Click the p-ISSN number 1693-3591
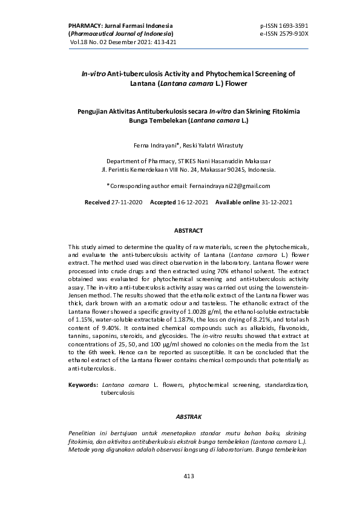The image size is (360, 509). pyautogui.click(x=293, y=27)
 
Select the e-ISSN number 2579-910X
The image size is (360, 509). pyautogui.click(x=293, y=34)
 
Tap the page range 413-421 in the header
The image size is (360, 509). pyautogui.click(x=162, y=42)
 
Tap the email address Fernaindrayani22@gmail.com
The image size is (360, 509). pyautogui.click(x=221, y=186)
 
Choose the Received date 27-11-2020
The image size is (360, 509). pyautogui.click(x=127, y=201)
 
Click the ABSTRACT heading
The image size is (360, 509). pyautogui.click(x=188, y=230)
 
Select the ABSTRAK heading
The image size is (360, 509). pyautogui.click(x=188, y=417)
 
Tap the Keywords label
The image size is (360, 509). pyautogui.click(x=83, y=384)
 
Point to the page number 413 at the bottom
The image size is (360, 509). pyautogui.click(x=188, y=476)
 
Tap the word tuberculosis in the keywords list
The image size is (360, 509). pyautogui.click(x=117, y=392)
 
